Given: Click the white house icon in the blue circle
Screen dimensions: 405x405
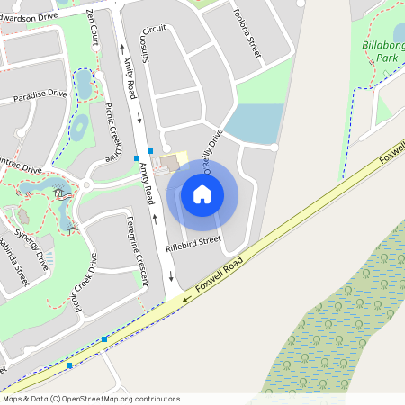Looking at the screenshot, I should (x=202, y=193).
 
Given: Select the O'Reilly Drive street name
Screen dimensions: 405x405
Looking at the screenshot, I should (x=212, y=145).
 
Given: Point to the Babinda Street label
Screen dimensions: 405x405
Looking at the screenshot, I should (x=14, y=262).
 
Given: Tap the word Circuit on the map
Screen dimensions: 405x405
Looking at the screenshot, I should (x=154, y=28).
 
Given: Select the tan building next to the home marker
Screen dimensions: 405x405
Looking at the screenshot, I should (x=167, y=163).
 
